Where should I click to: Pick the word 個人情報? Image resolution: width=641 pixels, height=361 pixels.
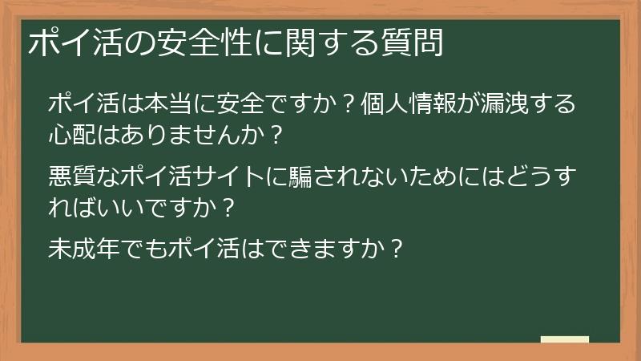point(411,103)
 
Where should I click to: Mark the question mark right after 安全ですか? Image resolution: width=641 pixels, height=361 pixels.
point(347,104)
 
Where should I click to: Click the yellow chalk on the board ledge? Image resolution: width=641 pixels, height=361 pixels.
point(564,339)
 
